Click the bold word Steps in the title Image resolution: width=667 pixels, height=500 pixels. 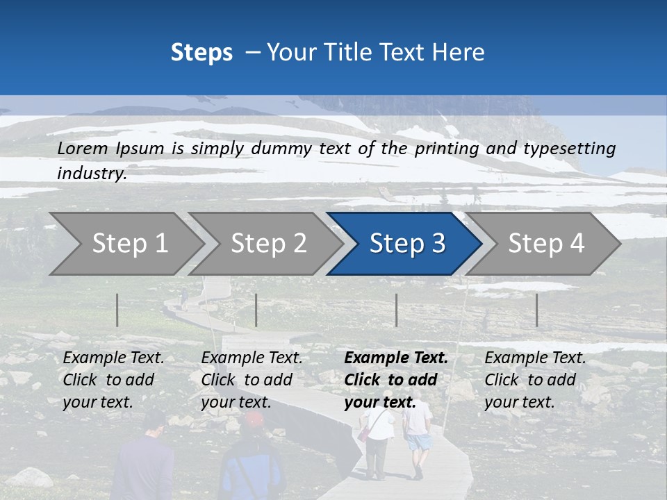point(201,53)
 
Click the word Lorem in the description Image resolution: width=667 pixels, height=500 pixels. point(83,148)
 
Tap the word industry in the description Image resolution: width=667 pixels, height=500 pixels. point(91,174)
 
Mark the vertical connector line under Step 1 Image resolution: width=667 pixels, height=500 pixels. point(117,310)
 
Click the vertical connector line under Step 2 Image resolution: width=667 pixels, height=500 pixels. point(256,310)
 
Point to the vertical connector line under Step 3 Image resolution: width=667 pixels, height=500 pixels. point(396,310)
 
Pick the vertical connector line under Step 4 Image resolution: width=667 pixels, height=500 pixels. point(536,310)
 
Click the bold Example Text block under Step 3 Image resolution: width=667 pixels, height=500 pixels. point(395,380)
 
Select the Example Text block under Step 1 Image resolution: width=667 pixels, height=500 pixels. point(113,380)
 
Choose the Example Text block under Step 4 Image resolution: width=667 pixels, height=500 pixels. point(534,380)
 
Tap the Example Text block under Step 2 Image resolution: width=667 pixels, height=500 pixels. point(252,380)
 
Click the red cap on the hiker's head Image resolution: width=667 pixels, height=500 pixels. point(254,419)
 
